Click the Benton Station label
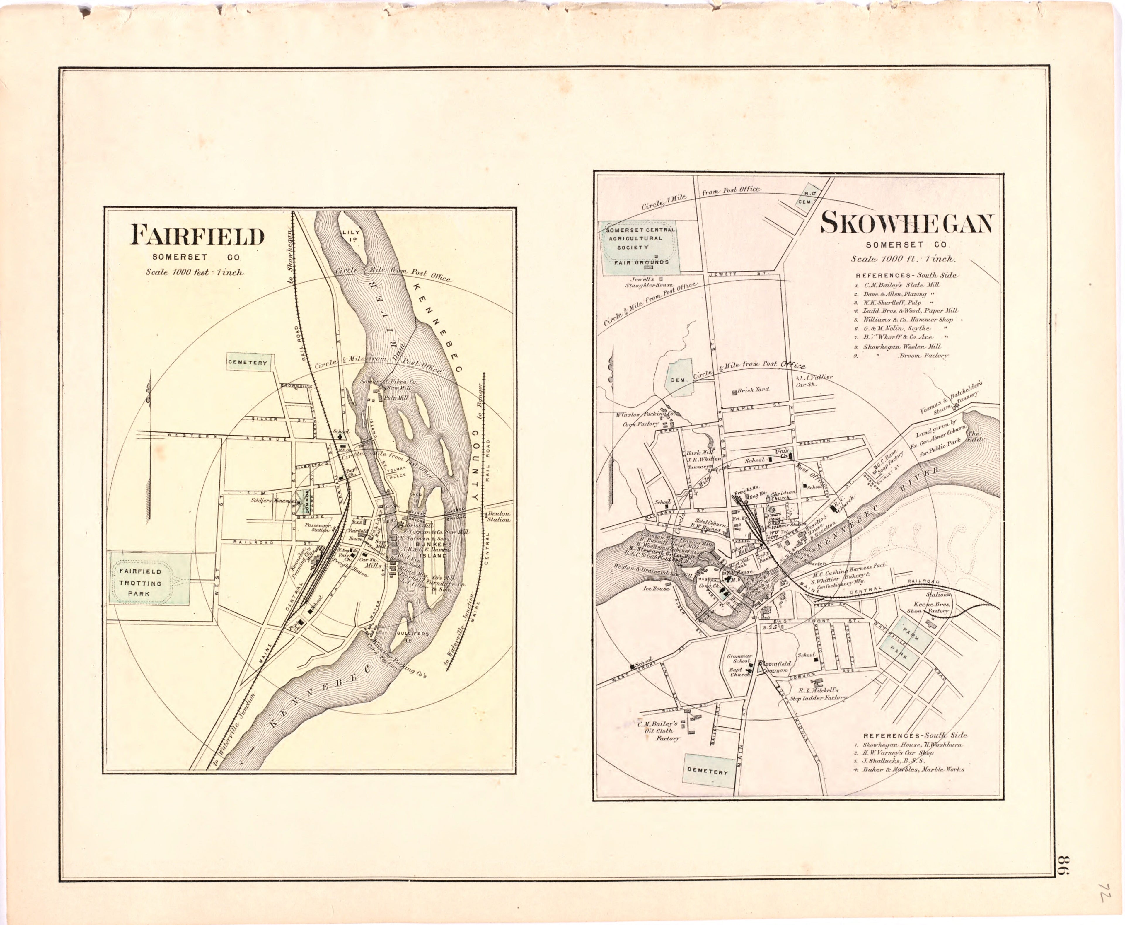498,516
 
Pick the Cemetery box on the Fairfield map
247,363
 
